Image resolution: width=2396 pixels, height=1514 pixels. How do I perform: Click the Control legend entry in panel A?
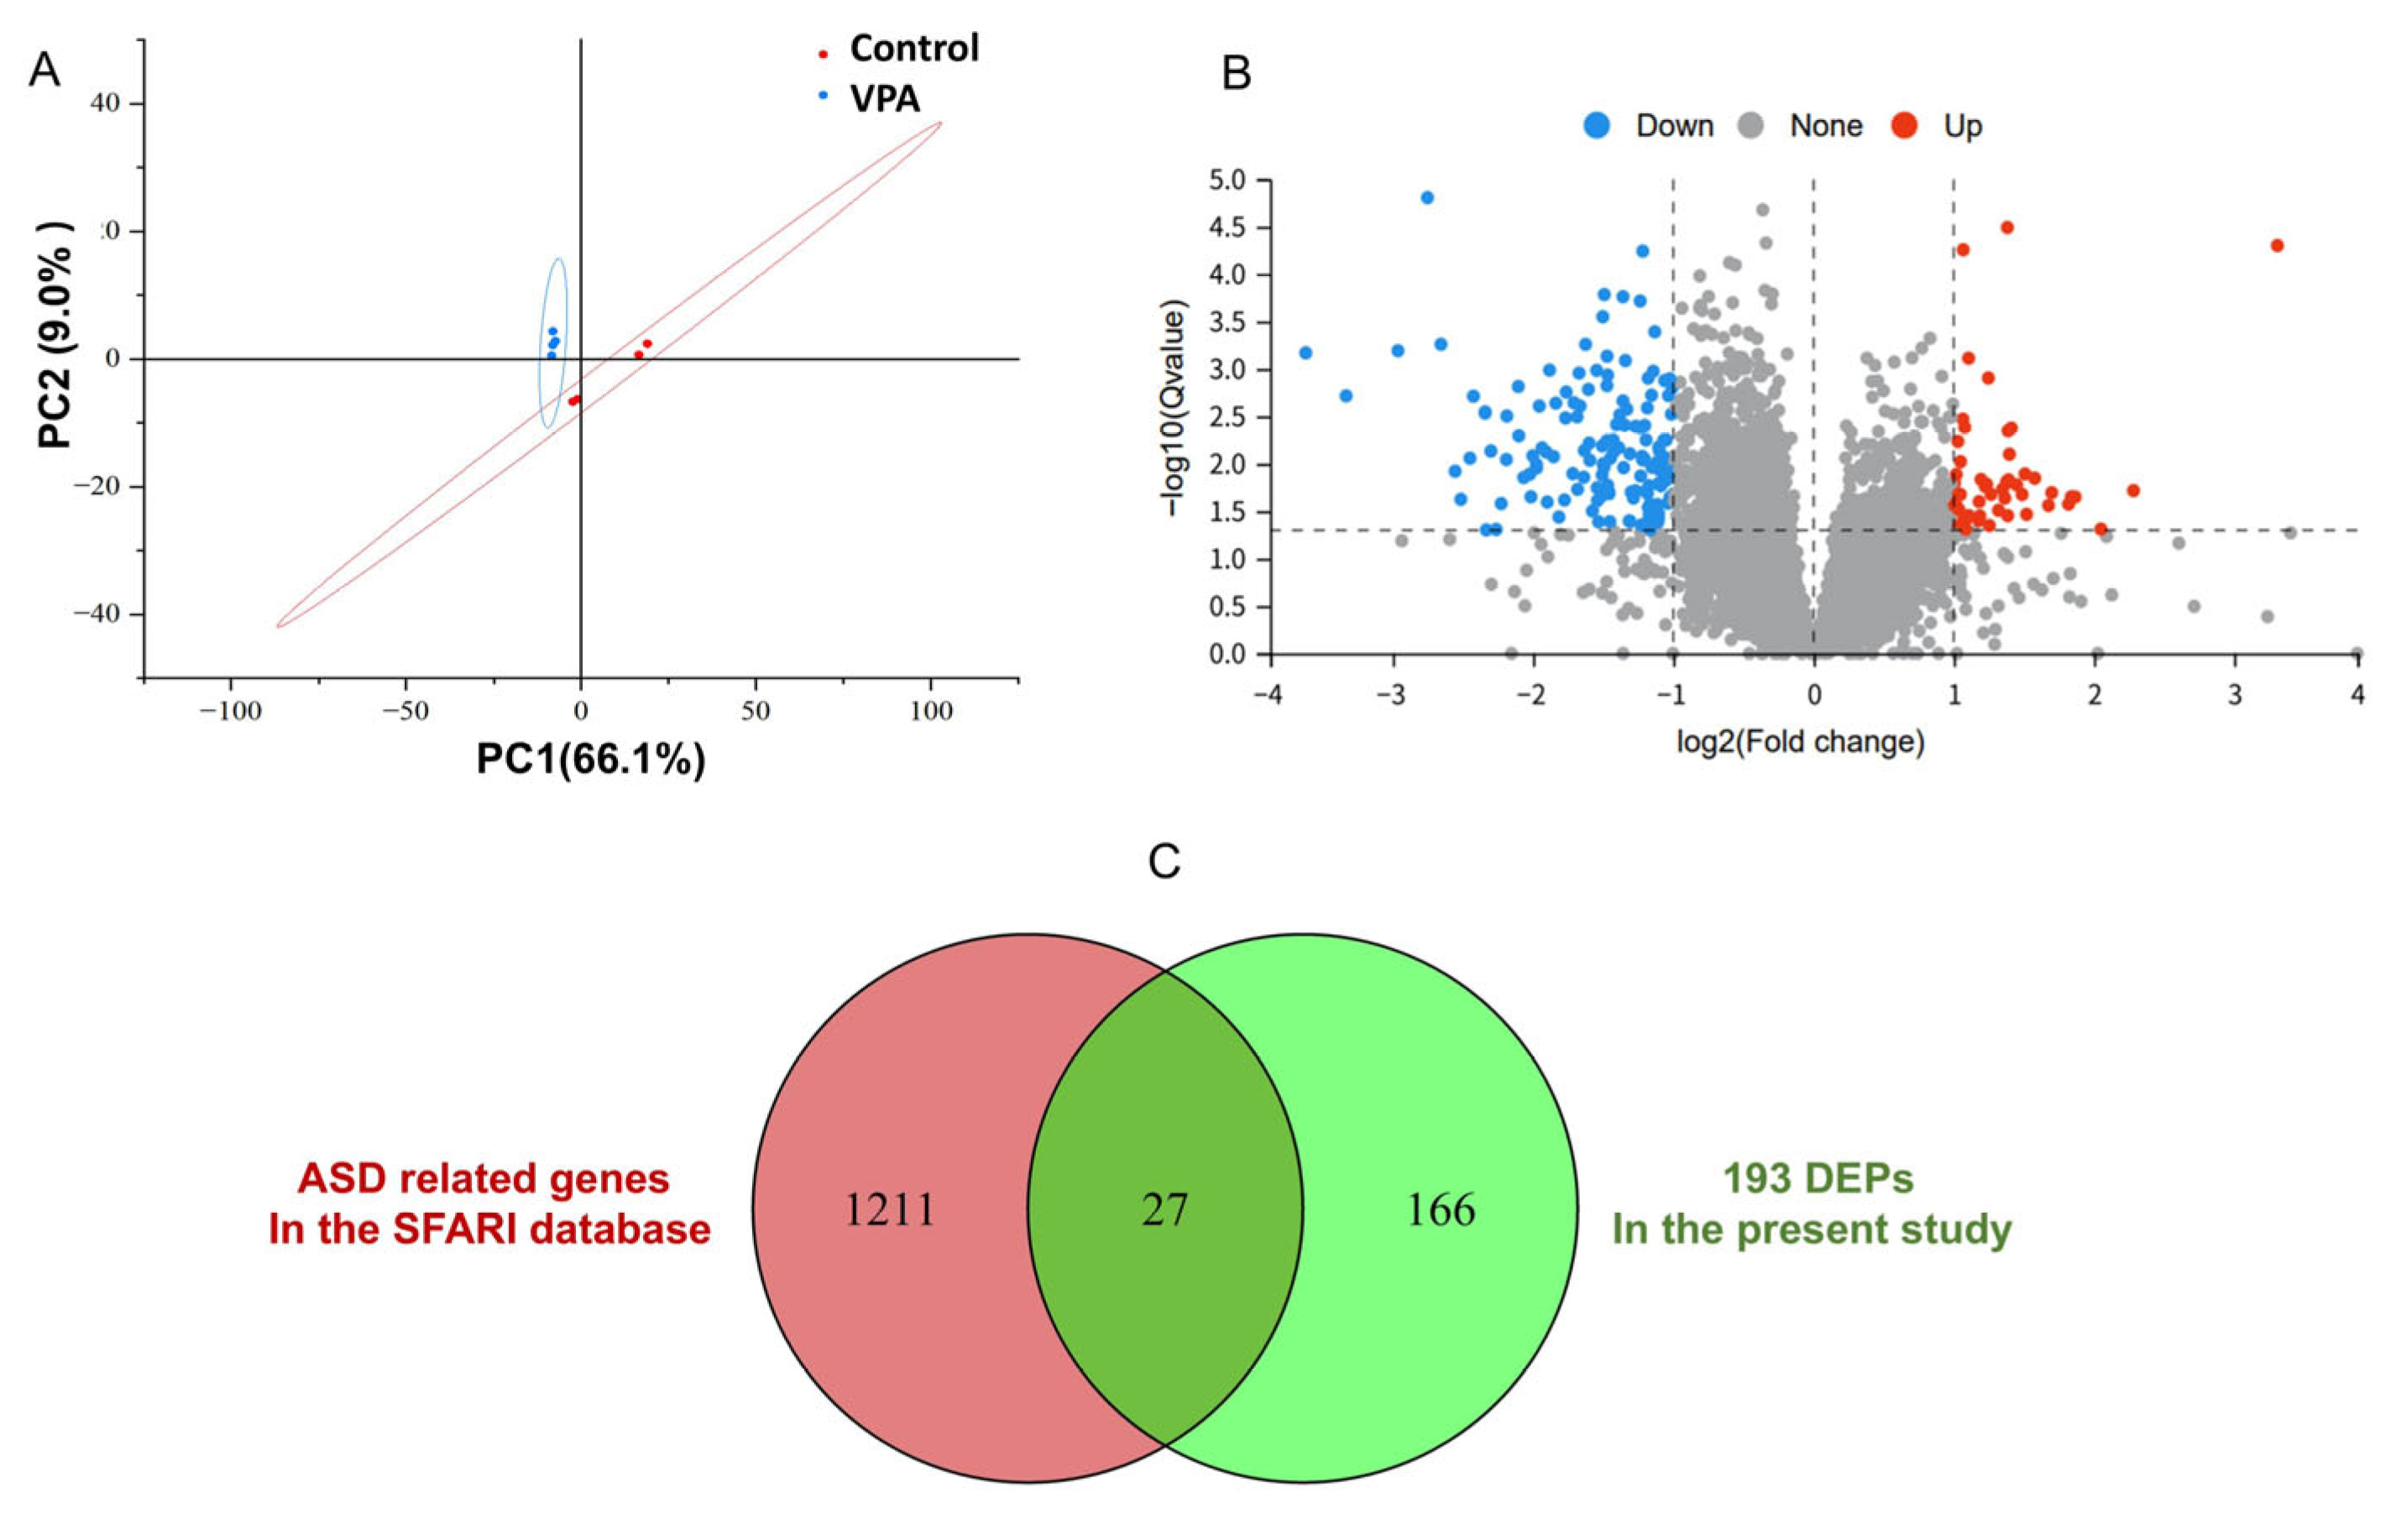[913, 48]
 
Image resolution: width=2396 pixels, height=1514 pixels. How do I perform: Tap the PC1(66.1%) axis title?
[591, 759]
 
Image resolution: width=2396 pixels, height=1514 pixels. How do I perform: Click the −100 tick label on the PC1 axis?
[230, 711]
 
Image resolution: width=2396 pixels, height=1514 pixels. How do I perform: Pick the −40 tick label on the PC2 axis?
[96, 613]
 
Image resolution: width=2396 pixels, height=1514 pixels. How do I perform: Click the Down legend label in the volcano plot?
[1675, 127]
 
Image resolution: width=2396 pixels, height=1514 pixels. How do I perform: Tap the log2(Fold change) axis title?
[1801, 742]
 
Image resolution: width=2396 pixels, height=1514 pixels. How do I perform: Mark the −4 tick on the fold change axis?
[1268, 693]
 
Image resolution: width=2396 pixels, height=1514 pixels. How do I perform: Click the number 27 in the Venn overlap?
[1164, 1209]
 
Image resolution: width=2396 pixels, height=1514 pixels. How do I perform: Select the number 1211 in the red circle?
[890, 1209]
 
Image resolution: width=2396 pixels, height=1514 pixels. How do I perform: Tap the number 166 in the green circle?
[1440, 1209]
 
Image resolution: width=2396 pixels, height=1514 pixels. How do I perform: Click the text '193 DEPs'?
[1818, 1179]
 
